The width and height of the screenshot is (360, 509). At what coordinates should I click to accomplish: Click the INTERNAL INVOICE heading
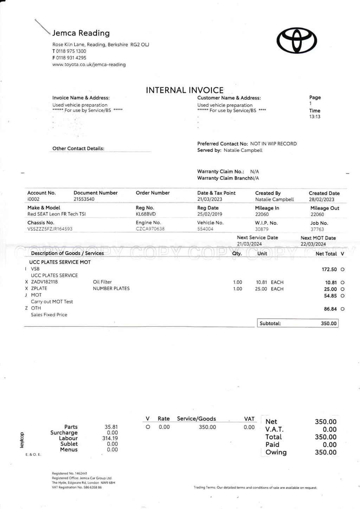[185, 90]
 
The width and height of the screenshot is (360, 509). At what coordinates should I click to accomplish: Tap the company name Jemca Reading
[81, 33]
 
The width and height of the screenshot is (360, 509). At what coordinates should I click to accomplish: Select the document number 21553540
[84, 199]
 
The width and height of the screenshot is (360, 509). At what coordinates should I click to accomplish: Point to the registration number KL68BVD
[146, 214]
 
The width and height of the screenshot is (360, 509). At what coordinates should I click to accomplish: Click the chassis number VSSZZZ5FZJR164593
[50, 229]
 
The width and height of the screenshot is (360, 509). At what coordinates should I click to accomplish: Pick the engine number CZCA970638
[150, 229]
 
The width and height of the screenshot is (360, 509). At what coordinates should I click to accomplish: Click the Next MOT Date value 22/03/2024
[313, 244]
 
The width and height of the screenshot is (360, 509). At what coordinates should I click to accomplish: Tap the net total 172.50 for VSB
[329, 269]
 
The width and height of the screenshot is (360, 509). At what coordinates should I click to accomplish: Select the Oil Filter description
[102, 282]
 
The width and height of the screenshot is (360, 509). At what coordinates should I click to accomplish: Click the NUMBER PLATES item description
[111, 288]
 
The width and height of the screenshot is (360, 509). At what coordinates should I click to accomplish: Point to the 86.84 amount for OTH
[330, 309]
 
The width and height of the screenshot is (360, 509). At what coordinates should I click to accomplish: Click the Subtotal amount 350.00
[328, 324]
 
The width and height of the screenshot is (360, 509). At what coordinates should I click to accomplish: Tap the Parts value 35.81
[111, 427]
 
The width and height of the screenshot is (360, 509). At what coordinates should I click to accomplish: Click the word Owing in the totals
[276, 452]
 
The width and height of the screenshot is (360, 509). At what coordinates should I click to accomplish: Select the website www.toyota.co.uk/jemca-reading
[89, 65]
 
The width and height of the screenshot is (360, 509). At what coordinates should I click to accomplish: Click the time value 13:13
[315, 117]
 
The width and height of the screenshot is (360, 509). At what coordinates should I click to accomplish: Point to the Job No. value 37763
[317, 229]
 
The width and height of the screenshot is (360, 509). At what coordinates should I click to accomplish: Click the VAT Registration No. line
[77, 488]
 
